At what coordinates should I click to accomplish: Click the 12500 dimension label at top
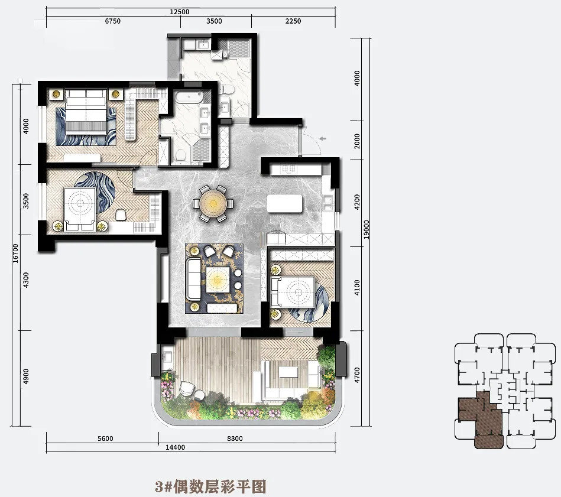[x=179, y=12]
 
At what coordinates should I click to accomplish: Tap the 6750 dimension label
[x=113, y=21]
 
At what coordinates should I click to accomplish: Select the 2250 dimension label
[x=293, y=21]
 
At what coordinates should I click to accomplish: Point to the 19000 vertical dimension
[x=367, y=230]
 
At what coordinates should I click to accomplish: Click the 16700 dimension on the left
[x=15, y=253]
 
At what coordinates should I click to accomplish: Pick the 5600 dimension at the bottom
[x=105, y=438]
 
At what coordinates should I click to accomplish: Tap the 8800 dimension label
[x=235, y=438]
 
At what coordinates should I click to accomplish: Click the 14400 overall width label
[x=176, y=447]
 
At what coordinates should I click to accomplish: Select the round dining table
[x=213, y=204]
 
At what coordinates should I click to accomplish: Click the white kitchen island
[x=284, y=203]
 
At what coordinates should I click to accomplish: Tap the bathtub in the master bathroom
[x=189, y=96]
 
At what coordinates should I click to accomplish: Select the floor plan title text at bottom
[x=210, y=486]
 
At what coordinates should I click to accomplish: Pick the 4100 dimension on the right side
[x=356, y=287]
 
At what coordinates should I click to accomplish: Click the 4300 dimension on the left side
[x=25, y=280]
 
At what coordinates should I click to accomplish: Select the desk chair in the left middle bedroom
[x=121, y=215]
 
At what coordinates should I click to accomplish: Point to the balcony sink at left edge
[x=166, y=356]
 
